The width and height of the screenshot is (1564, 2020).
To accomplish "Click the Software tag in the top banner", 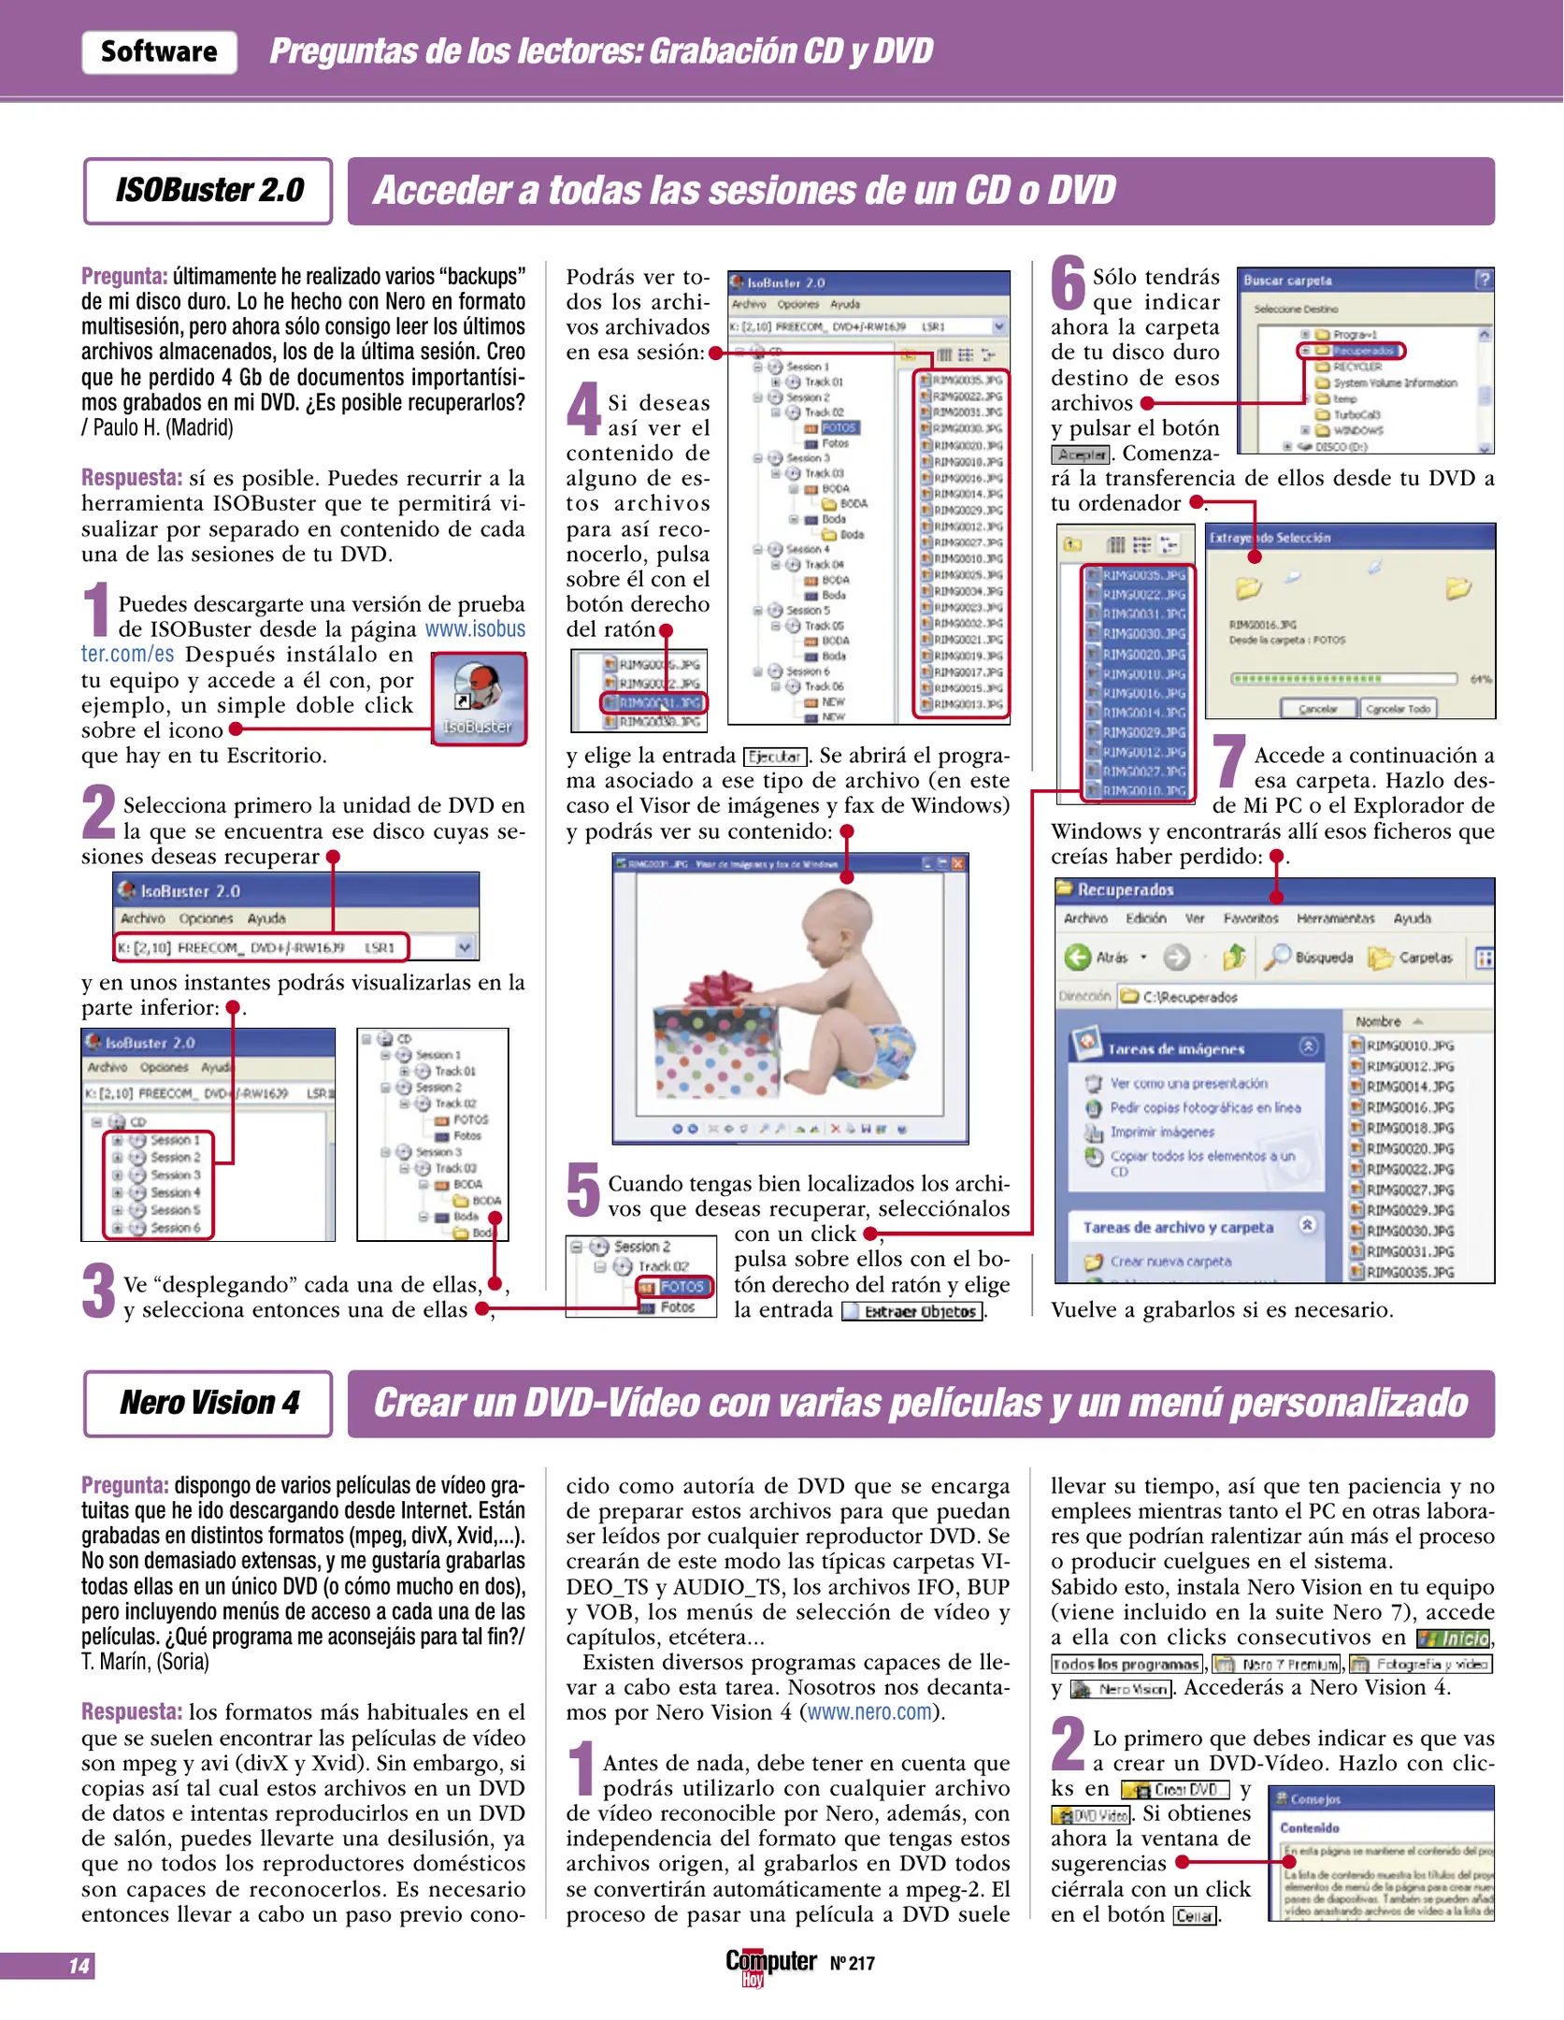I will (159, 51).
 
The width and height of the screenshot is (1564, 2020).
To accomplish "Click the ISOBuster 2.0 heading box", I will (208, 191).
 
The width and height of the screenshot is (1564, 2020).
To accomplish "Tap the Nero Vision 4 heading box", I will (208, 1403).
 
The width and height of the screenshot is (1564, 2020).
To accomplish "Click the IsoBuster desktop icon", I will (479, 697).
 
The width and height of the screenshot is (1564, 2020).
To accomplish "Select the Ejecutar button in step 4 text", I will (775, 757).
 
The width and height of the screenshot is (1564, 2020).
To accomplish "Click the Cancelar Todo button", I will (1398, 709).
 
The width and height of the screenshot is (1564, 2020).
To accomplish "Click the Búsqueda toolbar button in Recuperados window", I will (1312, 957).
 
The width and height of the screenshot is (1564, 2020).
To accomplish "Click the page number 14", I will (79, 1966).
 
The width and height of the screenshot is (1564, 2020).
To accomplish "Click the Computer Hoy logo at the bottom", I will (770, 1963).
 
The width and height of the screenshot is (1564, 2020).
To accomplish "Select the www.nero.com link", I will (870, 1712).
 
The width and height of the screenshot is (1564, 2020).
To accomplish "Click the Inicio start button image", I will (1455, 1638).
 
